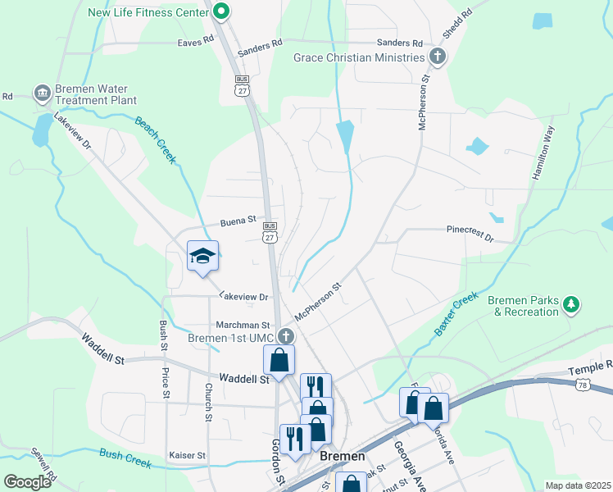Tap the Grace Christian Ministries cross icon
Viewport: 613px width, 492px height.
click(x=438, y=57)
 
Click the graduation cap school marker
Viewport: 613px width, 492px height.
click(x=202, y=256)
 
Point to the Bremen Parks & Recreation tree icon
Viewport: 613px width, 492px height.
click(x=572, y=306)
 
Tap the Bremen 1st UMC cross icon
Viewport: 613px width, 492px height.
click(x=285, y=336)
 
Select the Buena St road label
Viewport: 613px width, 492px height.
click(x=239, y=222)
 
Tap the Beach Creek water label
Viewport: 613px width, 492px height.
click(x=156, y=140)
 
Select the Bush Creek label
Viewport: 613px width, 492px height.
click(x=125, y=458)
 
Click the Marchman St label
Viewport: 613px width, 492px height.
click(x=243, y=326)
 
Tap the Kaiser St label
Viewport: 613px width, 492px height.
click(x=188, y=455)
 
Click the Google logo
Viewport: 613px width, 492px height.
click(x=28, y=482)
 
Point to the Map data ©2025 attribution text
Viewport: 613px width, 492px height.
click(x=578, y=485)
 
